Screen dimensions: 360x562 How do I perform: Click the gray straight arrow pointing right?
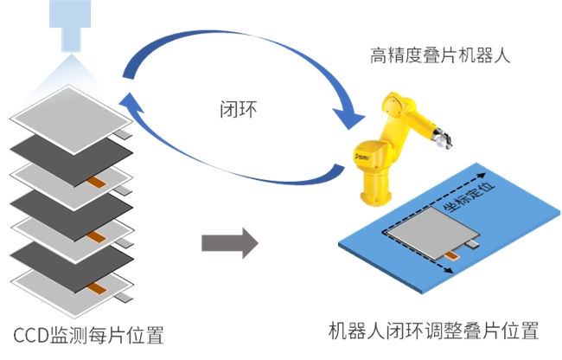[x=229, y=243]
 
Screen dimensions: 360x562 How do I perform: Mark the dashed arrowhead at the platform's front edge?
[x=448, y=274]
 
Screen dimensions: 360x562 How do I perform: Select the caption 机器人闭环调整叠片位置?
[x=433, y=331]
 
